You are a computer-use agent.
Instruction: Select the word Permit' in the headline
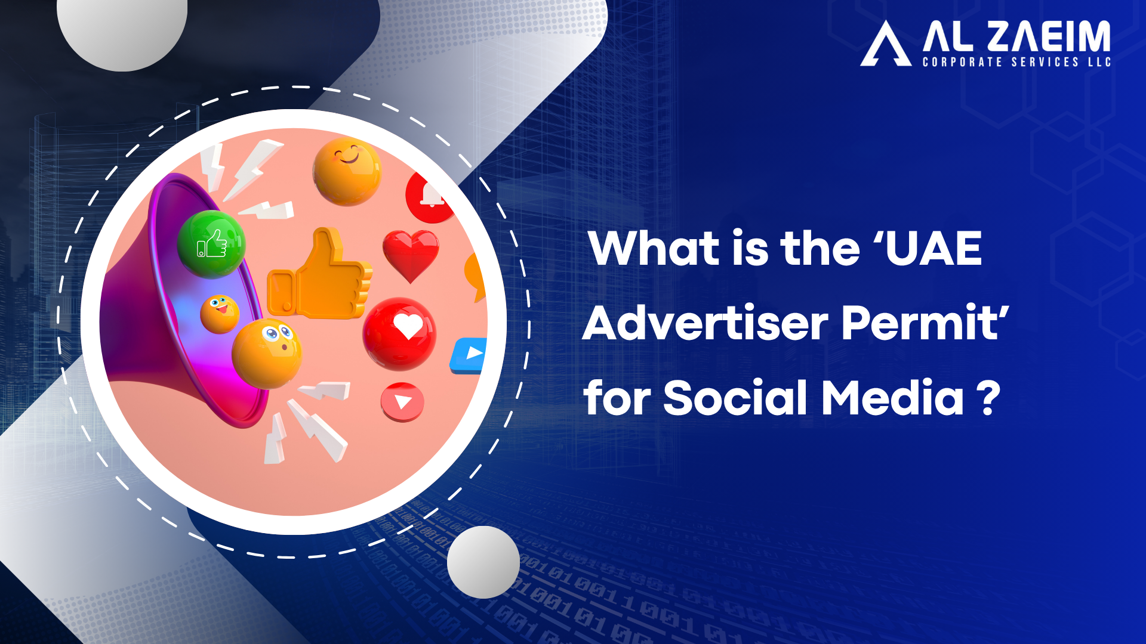[926, 323]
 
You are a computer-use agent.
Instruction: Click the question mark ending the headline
[988, 398]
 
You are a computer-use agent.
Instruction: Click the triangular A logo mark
[886, 44]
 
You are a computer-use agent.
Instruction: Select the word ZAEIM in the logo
[1049, 36]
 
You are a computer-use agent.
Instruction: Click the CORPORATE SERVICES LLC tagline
[1016, 62]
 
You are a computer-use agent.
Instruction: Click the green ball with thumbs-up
[212, 244]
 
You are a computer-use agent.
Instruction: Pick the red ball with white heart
[399, 333]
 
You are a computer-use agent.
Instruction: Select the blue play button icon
[469, 355]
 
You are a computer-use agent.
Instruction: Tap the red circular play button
[402, 402]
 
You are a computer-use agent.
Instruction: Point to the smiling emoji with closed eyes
[347, 172]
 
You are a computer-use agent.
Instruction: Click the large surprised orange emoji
[266, 354]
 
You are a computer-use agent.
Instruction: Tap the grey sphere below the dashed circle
[483, 562]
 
